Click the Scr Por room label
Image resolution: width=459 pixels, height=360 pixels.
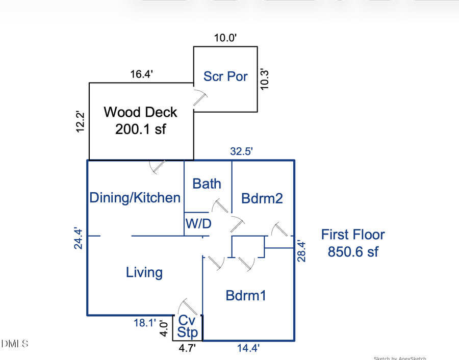pyautogui.click(x=225, y=76)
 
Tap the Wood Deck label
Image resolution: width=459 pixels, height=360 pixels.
pyautogui.click(x=140, y=112)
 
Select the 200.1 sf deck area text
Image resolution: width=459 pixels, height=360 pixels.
pyautogui.click(x=140, y=130)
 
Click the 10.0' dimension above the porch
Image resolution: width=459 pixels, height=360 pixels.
pyautogui.click(x=225, y=38)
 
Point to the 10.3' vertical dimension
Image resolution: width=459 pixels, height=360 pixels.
pyautogui.click(x=265, y=79)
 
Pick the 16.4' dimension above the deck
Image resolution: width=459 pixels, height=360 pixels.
pyautogui.click(x=141, y=74)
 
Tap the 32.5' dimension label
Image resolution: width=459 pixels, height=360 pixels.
pyautogui.click(x=241, y=151)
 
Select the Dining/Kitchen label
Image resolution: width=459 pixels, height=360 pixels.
pyautogui.click(x=135, y=198)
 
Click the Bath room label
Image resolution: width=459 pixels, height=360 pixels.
pyautogui.click(x=207, y=184)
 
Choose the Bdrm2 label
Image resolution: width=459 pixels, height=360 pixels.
pyautogui.click(x=262, y=198)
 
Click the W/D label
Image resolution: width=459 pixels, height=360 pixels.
pyautogui.click(x=198, y=224)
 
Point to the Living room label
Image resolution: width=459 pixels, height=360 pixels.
pyautogui.click(x=144, y=272)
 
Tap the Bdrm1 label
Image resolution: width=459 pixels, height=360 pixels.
pyautogui.click(x=246, y=295)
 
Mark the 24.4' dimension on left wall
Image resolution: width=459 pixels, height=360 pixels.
pyautogui.click(x=79, y=238)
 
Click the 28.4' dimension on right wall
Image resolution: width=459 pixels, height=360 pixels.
pyautogui.click(x=302, y=251)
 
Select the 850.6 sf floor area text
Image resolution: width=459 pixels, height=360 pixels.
pyautogui.click(x=353, y=251)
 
